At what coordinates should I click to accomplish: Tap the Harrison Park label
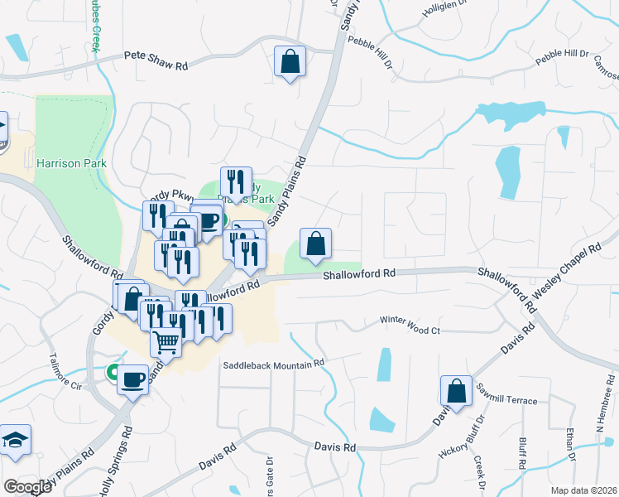[71, 163]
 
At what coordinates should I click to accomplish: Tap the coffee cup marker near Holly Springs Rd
[132, 380]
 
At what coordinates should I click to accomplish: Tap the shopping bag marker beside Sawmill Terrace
[456, 391]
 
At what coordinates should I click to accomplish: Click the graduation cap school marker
[14, 439]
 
